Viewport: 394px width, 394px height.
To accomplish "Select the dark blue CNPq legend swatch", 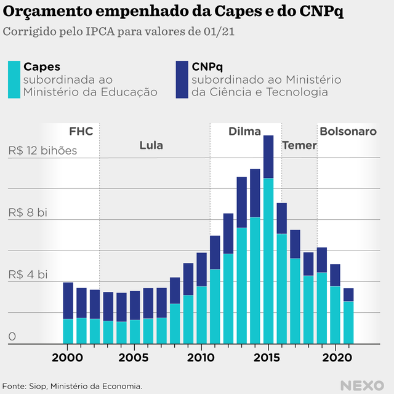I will click(x=182, y=79).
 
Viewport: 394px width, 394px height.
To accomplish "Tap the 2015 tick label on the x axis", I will click(x=268, y=358).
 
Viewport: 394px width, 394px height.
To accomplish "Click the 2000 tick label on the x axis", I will click(x=67, y=358).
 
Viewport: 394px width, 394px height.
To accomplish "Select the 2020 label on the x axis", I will click(x=336, y=358).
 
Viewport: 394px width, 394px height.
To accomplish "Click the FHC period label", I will click(x=81, y=132).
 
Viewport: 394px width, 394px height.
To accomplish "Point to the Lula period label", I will click(x=151, y=146).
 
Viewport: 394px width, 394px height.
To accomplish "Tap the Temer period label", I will click(x=299, y=146).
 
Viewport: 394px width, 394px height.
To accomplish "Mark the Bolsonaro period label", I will click(x=348, y=132).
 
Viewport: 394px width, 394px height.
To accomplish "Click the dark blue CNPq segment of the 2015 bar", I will click(x=268, y=156).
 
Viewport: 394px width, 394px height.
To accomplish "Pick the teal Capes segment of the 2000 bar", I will click(x=68, y=331).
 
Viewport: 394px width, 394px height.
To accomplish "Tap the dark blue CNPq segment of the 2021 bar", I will click(x=348, y=294).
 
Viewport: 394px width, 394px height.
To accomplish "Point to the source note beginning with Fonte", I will click(x=72, y=386).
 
